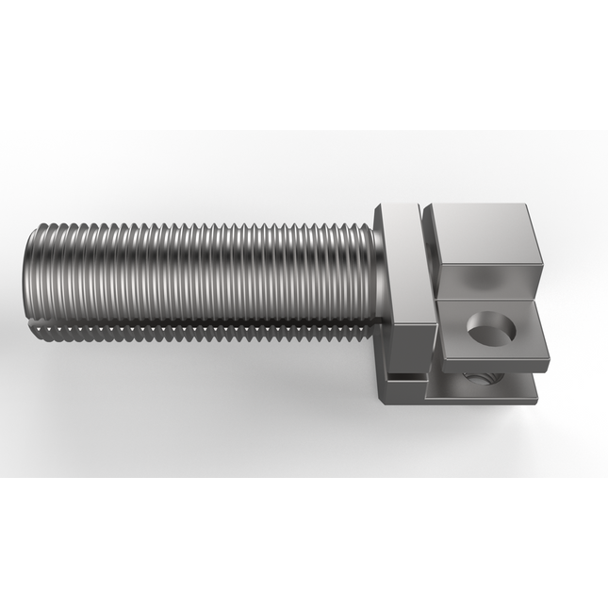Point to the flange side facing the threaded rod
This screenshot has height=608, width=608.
[380, 273]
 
